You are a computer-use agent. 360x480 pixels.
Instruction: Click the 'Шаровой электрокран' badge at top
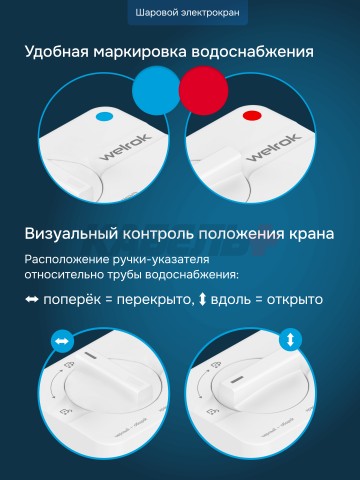(x=180, y=13)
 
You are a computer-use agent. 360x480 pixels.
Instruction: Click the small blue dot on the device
(x=101, y=116)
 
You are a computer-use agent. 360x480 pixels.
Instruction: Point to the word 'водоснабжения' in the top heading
(x=259, y=51)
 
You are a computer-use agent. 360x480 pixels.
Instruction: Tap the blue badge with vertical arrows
(x=291, y=340)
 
